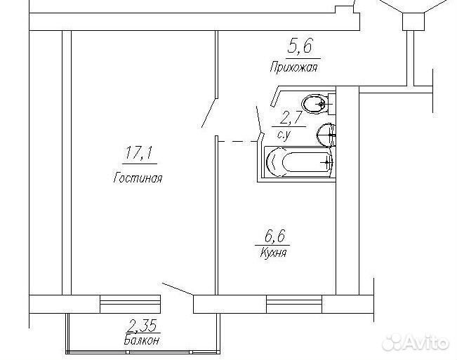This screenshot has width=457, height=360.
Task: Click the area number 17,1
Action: pyautogui.click(x=139, y=153)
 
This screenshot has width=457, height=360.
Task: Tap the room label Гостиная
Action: pyautogui.click(x=138, y=178)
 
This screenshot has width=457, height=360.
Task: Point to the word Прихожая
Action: pyautogui.click(x=293, y=67)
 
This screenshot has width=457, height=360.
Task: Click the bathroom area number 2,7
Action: pyautogui.click(x=290, y=119)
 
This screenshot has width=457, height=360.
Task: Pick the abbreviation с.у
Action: pyautogui.click(x=285, y=135)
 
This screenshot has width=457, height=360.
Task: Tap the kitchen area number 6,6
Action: pyautogui.click(x=274, y=236)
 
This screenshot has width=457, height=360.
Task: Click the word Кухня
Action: pyautogui.click(x=273, y=253)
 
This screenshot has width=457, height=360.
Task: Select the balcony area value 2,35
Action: pyautogui.click(x=143, y=326)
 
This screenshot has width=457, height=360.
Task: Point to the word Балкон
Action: pyautogui.click(x=142, y=340)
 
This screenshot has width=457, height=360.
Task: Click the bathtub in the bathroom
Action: pyautogui.click(x=299, y=162)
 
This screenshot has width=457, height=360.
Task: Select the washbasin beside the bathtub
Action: pyautogui.click(x=326, y=135)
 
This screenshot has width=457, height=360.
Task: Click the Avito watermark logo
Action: pyautogui.click(x=415, y=341)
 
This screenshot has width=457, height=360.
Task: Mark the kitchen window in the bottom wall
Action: pyautogui.click(x=294, y=305)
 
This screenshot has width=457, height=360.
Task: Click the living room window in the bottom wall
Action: pyautogui.click(x=131, y=305)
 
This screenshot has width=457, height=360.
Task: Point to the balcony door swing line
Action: pyautogui.click(x=177, y=289)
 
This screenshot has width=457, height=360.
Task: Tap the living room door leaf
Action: pyautogui.click(x=209, y=114)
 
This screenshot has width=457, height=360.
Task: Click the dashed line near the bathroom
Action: pyautogui.click(x=237, y=142)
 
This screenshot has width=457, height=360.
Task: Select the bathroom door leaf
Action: pyautogui.click(x=258, y=119)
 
